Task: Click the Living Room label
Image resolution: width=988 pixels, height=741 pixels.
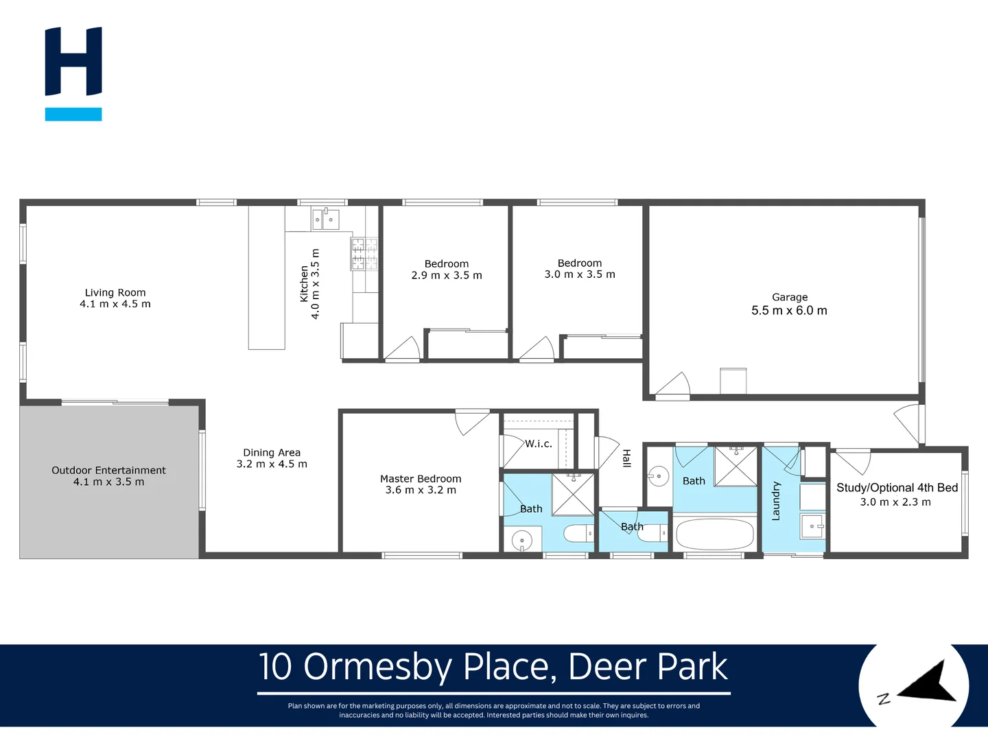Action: tap(115, 292)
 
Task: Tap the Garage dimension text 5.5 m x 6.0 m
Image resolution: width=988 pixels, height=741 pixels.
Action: tap(789, 311)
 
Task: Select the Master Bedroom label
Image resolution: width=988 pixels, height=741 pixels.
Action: tap(421, 479)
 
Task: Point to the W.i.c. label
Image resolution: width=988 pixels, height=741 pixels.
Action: tap(539, 444)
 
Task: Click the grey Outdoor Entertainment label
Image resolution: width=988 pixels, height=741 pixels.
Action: tap(108, 471)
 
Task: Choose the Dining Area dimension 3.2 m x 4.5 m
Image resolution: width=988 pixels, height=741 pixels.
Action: tap(272, 464)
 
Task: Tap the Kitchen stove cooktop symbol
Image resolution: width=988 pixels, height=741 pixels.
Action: tap(364, 254)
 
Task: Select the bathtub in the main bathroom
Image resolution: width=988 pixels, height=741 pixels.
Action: tap(714, 534)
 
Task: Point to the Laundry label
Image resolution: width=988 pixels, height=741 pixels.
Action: tap(776, 501)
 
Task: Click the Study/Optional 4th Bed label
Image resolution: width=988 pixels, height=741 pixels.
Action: tap(897, 488)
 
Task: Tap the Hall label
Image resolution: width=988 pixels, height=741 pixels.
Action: tap(626, 458)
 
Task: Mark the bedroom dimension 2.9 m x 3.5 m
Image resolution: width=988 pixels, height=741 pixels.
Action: tap(447, 276)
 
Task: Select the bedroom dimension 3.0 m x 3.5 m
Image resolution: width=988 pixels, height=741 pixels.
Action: tap(580, 274)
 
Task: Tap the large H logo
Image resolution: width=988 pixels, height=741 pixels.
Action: tap(73, 62)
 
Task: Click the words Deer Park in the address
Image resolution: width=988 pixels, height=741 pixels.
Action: tap(648, 667)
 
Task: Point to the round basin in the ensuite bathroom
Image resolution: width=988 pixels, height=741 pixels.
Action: tap(523, 540)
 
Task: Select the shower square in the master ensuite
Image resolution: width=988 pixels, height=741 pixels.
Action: tap(573, 494)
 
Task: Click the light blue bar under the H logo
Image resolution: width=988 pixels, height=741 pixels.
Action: tap(73, 115)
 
